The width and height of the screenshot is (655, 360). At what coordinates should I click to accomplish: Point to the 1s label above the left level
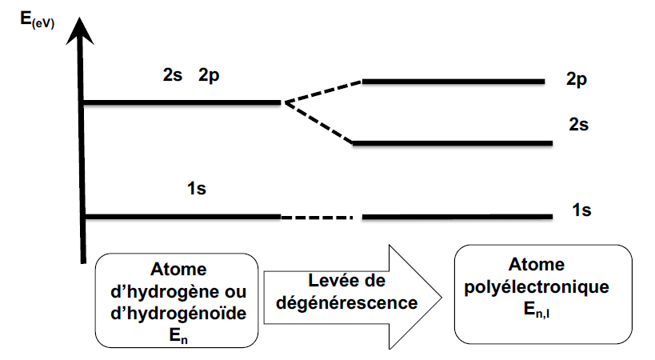tap(198, 190)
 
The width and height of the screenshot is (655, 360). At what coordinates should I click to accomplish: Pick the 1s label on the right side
tap(581, 211)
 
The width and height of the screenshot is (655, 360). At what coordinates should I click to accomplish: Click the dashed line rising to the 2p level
tap(322, 91)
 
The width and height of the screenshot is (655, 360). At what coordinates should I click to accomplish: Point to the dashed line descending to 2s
tap(318, 122)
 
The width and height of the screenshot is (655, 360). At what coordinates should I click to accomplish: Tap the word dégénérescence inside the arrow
tap(341, 303)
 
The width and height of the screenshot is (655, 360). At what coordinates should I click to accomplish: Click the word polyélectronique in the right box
tap(541, 286)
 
